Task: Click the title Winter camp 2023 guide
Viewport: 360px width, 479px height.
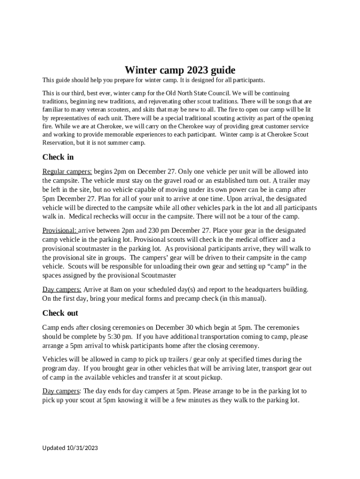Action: [180, 71]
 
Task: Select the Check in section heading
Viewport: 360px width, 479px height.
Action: [58, 157]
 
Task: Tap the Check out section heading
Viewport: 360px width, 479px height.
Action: [60, 313]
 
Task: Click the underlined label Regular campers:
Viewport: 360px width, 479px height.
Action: [67, 172]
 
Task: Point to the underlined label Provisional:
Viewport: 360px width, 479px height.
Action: [60, 231]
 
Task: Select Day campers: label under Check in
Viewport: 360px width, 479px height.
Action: [62, 289]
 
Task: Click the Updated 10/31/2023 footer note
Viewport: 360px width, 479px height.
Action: [70, 448]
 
